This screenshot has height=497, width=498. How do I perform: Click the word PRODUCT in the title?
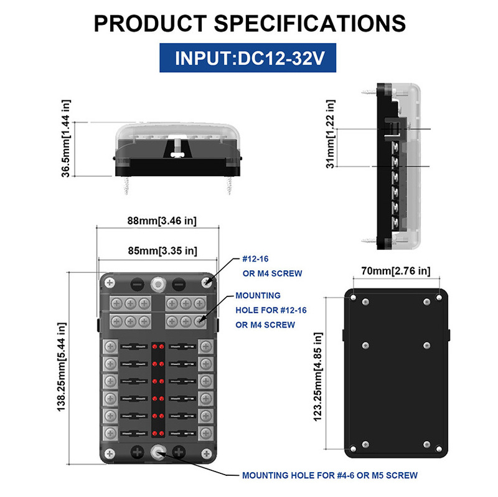click(x=150, y=24)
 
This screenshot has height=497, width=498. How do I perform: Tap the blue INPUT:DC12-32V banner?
click(x=248, y=58)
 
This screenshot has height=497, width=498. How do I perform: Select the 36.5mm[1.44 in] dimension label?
click(x=65, y=138)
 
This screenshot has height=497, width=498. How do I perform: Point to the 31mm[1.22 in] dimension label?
click(x=331, y=134)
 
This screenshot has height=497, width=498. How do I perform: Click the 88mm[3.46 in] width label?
click(x=162, y=220)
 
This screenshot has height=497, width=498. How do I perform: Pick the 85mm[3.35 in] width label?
click(x=162, y=251)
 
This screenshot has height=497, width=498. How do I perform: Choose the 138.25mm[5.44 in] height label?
click(x=61, y=367)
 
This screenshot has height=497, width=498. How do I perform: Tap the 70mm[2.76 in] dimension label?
click(x=396, y=271)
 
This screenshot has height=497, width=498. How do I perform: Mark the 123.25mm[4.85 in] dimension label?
click(x=318, y=377)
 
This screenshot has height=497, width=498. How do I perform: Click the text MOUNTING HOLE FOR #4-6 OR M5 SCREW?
click(x=330, y=475)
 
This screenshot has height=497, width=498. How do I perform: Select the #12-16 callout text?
click(x=255, y=259)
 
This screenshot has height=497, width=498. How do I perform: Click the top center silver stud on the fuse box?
click(x=158, y=284)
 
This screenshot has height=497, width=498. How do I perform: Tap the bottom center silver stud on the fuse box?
click(x=158, y=452)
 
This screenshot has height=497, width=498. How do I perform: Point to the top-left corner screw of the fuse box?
click(x=110, y=283)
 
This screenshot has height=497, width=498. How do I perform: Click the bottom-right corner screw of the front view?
click(x=207, y=453)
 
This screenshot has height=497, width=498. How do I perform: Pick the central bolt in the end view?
click(x=177, y=149)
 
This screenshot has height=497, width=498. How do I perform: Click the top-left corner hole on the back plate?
click(x=353, y=298)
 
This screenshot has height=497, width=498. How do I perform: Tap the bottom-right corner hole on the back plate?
click(x=439, y=449)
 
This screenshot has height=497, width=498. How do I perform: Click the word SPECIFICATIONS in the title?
click(x=310, y=24)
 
